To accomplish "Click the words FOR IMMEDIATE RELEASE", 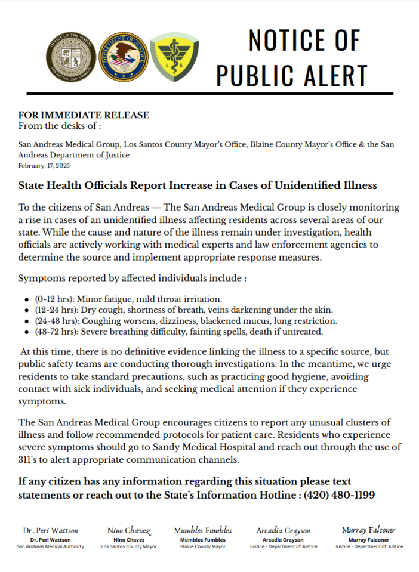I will click(x=84, y=115).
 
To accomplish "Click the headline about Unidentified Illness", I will click(x=198, y=185).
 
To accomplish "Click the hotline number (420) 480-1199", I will click(x=339, y=495).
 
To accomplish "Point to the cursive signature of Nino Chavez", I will click(x=130, y=530).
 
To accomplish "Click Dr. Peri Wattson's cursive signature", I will click(x=50, y=530).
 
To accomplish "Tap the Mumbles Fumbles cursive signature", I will click(x=203, y=530).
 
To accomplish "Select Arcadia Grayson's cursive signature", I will click(x=284, y=530).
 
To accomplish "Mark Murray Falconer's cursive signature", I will click(x=368, y=530).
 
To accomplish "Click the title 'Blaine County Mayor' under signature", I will click(x=203, y=546).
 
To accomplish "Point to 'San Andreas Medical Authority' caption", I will click(x=50, y=546).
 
